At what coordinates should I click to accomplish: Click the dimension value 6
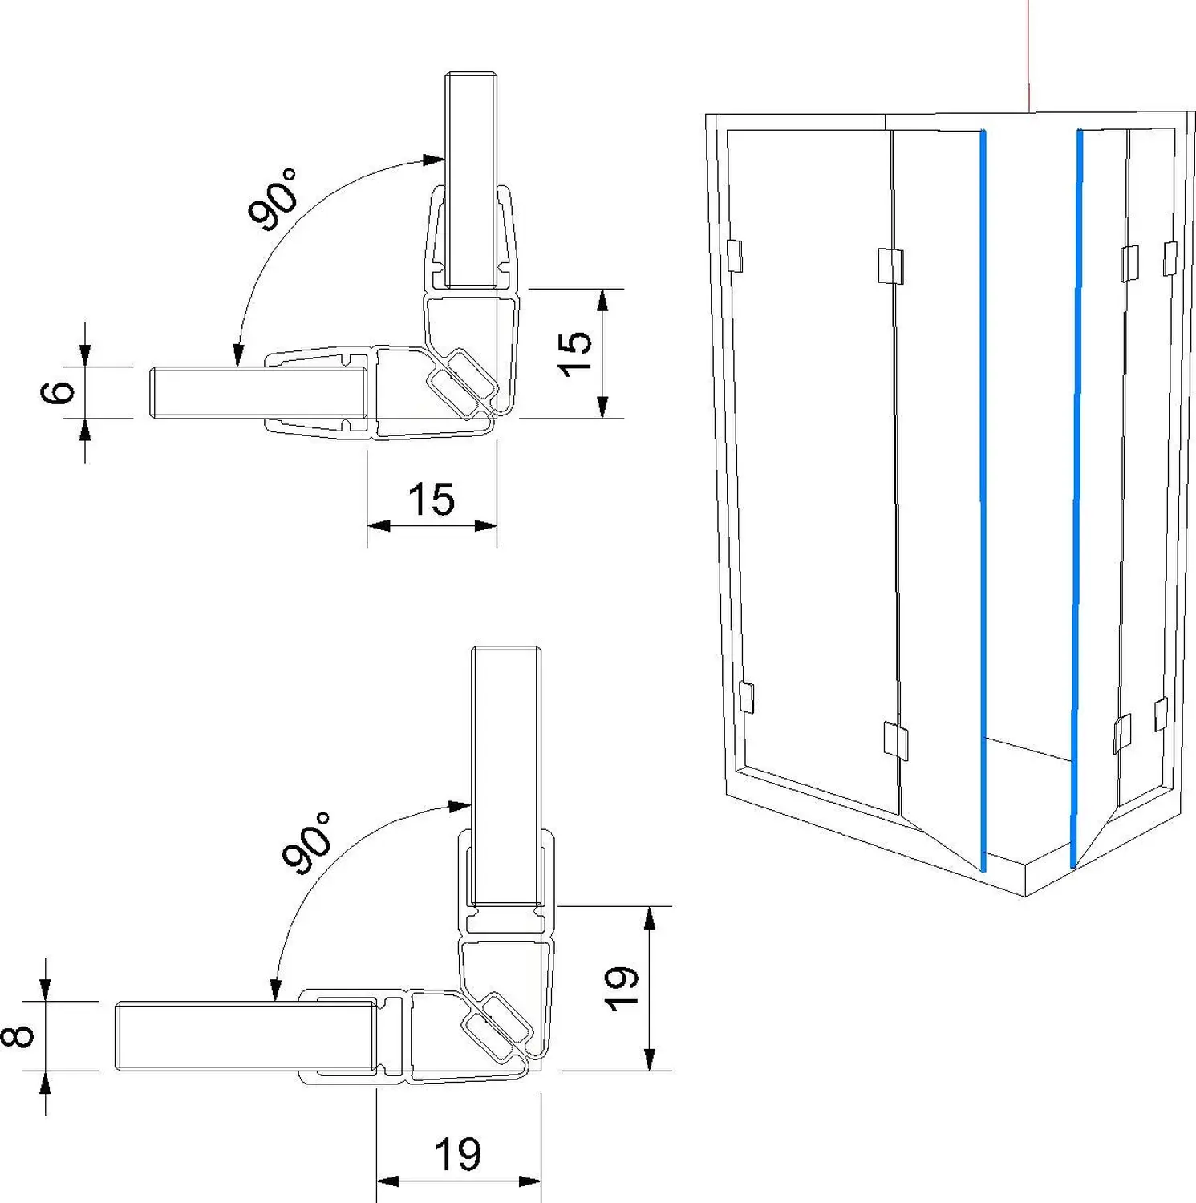coord(58,392)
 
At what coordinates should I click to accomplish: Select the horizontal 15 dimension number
coord(432,500)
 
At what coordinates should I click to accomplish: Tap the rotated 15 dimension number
coord(574,353)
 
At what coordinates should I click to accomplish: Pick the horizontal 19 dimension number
coord(458,1155)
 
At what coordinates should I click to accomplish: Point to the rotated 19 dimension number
coord(621,989)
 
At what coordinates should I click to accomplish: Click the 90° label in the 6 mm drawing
coord(273,199)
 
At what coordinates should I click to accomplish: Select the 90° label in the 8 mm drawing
coord(307,843)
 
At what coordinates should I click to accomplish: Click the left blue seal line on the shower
coord(983,497)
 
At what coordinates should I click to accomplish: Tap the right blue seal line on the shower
coord(1076,497)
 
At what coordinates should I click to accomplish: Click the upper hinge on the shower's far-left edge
coord(735,255)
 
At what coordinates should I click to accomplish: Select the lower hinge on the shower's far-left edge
coord(746,697)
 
